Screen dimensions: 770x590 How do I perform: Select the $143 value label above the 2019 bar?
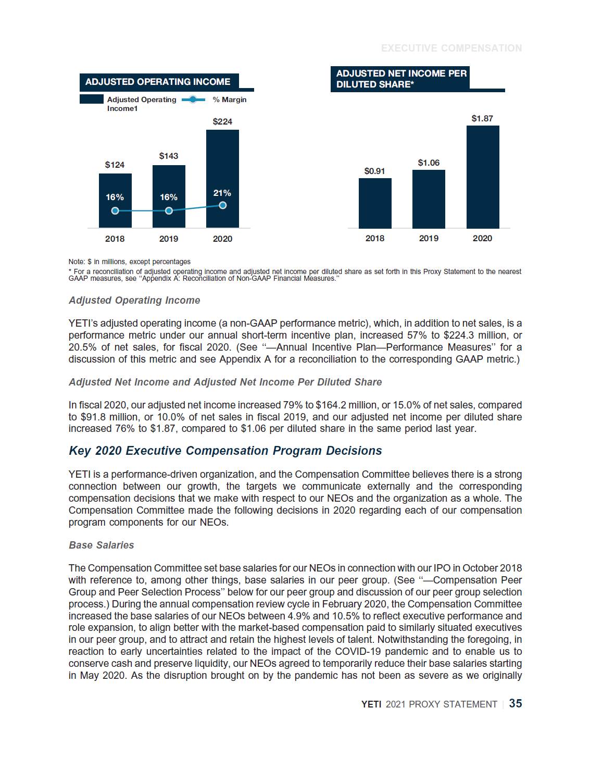coord(169,156)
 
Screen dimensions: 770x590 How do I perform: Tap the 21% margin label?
coord(222,193)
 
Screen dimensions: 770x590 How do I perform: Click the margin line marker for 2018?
coord(115,210)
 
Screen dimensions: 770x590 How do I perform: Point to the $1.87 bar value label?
coord(482,118)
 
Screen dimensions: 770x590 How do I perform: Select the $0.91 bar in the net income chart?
coord(375,203)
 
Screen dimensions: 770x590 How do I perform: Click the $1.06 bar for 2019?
coord(429,199)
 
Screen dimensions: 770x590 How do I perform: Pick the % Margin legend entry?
coord(229,100)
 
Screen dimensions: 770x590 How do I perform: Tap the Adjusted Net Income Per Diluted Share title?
coord(401,79)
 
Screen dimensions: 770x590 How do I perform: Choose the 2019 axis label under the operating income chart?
coord(168,239)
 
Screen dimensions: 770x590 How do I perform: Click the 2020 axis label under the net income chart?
coord(482,238)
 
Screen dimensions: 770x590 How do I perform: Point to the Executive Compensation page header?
coord(451,48)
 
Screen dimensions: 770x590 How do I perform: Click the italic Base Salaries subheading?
coord(102,545)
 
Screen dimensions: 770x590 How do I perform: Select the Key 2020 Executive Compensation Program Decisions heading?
coord(225,451)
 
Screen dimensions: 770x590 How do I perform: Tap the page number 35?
coord(516,703)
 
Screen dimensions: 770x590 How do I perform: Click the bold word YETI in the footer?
coord(371,704)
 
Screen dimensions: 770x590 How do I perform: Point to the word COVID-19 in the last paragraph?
coord(356,651)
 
